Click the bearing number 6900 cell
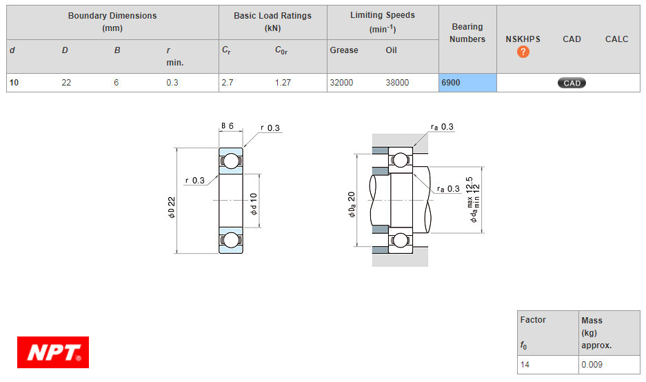click(467, 83)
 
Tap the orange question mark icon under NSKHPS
click(523, 52)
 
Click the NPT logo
click(53, 352)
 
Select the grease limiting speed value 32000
click(341, 83)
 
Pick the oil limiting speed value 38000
click(397, 83)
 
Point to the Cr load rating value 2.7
click(228, 83)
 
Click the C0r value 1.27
click(283, 83)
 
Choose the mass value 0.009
click(592, 365)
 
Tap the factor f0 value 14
click(525, 365)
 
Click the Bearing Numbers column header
click(467, 33)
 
